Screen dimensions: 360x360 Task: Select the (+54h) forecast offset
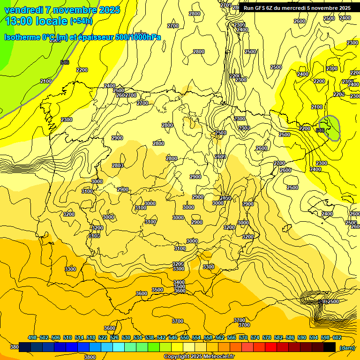pos(81,21)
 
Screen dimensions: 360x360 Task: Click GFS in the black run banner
pos(259,8)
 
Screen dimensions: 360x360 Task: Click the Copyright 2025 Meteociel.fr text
pos(199,357)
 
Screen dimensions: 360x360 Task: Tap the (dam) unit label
pos(347,347)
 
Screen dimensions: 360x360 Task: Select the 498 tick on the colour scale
pos(32,337)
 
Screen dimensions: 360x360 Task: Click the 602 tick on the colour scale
pos(337,337)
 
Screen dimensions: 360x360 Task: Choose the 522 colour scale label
pos(103,337)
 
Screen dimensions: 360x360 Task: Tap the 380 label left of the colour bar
pos(15,347)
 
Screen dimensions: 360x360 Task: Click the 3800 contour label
pos(90,357)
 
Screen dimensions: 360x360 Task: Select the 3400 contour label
pos(179,282)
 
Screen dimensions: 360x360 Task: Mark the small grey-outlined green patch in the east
pos(333,128)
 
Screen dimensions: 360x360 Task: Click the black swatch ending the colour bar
pos(330,347)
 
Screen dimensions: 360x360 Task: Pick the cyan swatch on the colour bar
pos(119,347)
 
